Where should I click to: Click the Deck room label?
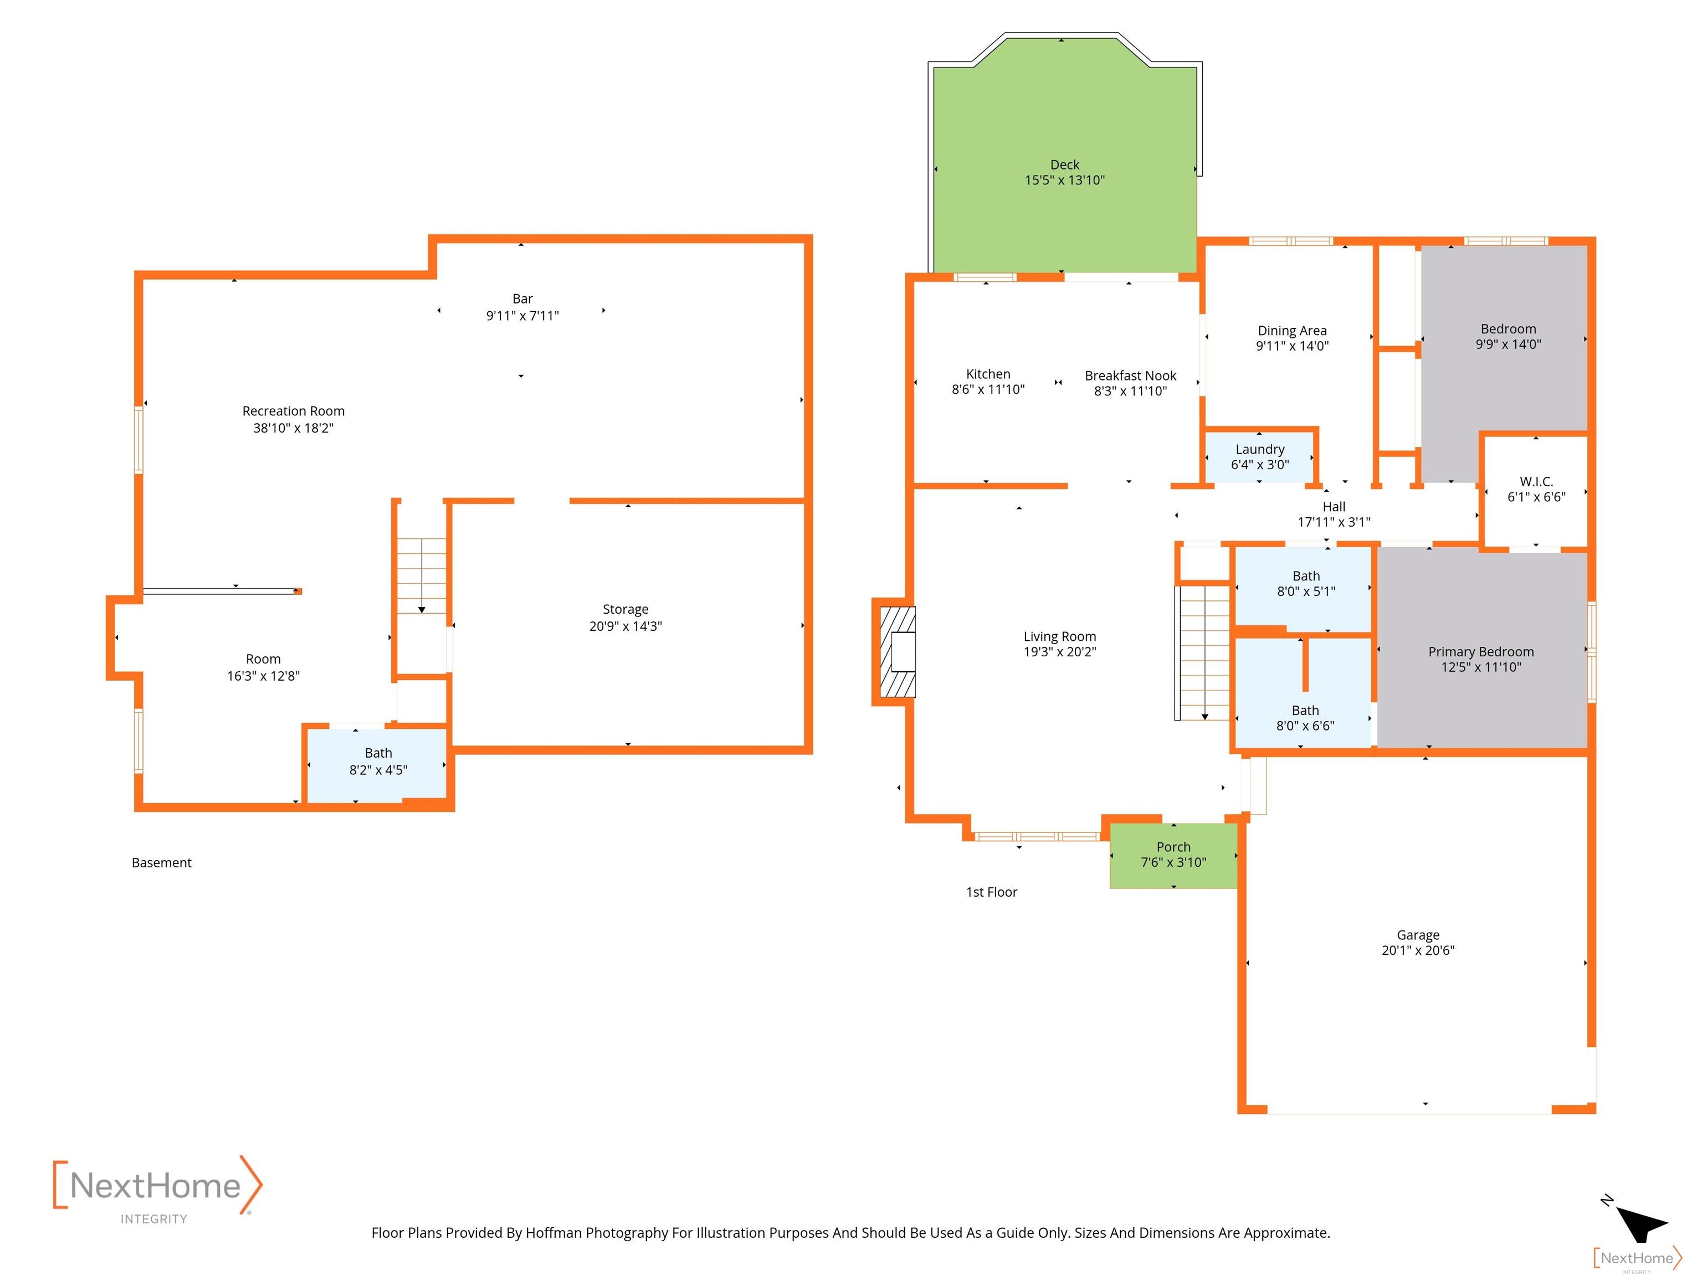tap(1064, 164)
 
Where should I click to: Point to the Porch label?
tap(1173, 847)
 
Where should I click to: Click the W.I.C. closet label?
tap(1536, 481)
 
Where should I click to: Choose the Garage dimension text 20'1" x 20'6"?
tap(1418, 951)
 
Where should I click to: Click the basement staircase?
tap(422, 575)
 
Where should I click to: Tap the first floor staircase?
tap(1204, 654)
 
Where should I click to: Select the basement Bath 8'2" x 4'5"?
tap(377, 764)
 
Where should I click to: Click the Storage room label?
tap(625, 609)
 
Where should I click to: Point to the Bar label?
tap(522, 299)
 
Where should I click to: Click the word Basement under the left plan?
tap(162, 863)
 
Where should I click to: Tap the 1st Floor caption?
tap(991, 892)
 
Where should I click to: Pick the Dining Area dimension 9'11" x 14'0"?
tap(1292, 346)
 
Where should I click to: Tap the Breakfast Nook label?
tap(1130, 375)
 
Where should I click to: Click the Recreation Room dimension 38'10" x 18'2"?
tap(293, 429)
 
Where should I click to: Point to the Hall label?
tap(1334, 506)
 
